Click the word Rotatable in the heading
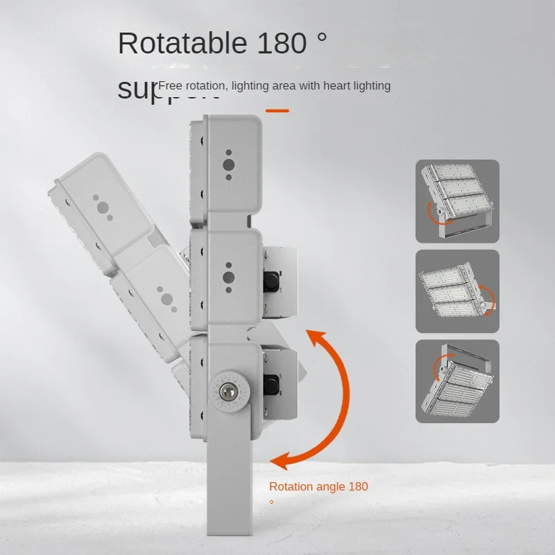coord(182,43)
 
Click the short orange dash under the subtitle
coord(277,110)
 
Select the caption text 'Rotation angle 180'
coord(318,486)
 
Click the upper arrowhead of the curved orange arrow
coord(316,339)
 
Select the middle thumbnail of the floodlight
coord(457,291)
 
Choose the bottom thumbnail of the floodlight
coord(457,382)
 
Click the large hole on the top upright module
coord(228,165)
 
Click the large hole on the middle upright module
coord(228,278)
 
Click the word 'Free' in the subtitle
coord(171,86)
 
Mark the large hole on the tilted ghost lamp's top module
coord(102,207)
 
